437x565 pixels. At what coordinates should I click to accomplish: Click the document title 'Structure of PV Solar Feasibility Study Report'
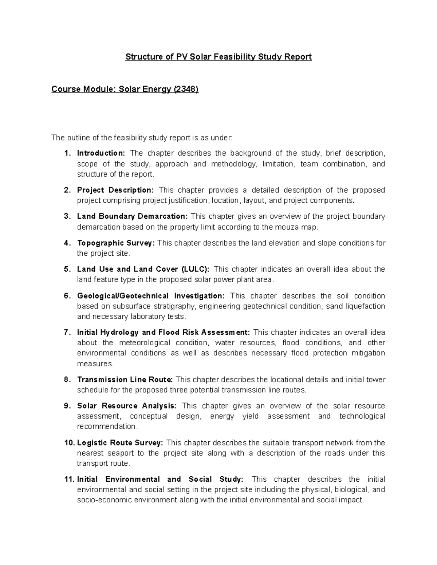[x=219, y=57]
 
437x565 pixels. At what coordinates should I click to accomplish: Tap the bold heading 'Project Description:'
[x=115, y=190]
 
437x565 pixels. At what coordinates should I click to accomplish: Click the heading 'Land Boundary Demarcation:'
[x=132, y=216]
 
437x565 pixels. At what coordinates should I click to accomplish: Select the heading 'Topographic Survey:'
[x=116, y=243]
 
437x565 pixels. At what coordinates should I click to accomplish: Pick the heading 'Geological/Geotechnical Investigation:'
[x=151, y=296]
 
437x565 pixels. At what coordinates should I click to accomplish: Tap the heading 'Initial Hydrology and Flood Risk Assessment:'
[x=164, y=333]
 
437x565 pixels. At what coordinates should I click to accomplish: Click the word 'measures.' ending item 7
[x=95, y=364]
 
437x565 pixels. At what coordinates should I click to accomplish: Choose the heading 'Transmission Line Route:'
[x=125, y=380]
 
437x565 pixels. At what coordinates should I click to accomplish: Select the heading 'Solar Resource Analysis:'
[x=127, y=406]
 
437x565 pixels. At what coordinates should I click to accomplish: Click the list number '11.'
[x=69, y=480]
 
